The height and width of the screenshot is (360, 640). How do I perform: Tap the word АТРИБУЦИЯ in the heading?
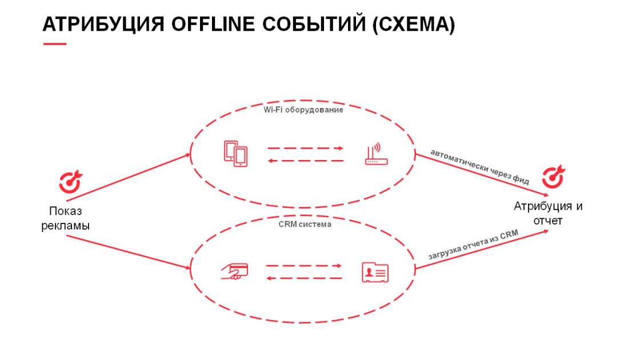tap(102, 24)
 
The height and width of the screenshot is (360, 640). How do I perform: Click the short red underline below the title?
tap(55, 44)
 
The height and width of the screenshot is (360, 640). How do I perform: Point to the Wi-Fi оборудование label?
tap(303, 110)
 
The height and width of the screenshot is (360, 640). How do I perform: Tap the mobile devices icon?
tap(236, 154)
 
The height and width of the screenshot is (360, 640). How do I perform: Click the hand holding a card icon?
tap(234, 271)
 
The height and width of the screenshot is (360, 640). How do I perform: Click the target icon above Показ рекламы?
tap(71, 182)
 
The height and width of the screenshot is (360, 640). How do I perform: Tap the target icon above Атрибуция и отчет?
tap(553, 177)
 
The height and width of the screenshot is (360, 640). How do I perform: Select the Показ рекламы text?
tap(65, 218)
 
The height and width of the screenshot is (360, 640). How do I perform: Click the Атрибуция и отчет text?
tap(548, 213)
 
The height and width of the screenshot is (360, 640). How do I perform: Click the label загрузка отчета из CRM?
tap(473, 246)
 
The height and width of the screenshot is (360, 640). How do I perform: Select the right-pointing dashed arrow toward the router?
tap(305, 148)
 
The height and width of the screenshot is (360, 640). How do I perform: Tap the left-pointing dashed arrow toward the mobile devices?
tap(305, 161)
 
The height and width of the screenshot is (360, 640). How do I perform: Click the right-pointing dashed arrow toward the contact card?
tap(304, 266)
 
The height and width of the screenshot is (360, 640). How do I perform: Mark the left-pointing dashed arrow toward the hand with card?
tap(304, 278)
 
